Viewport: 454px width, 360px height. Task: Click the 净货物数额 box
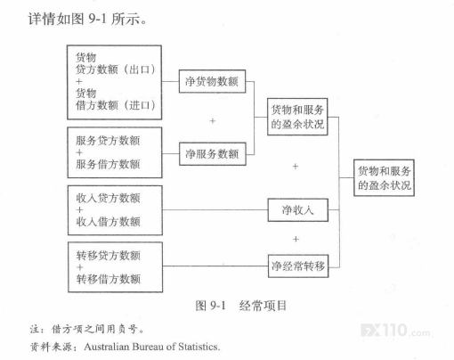tap(212, 81)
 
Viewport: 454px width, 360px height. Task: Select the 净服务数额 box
tap(213, 154)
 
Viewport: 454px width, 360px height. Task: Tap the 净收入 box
tap(298, 210)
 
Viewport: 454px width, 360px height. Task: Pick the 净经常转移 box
tap(298, 266)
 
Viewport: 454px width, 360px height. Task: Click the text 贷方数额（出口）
tap(116, 70)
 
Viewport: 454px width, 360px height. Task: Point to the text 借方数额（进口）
tap(116, 105)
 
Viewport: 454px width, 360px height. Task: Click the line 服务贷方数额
tap(108, 141)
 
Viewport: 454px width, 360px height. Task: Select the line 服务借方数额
tap(108, 164)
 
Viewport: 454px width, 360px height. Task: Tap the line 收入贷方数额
tap(108, 198)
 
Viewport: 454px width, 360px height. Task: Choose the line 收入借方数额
tap(108, 222)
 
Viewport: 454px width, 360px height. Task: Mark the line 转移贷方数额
tap(109, 256)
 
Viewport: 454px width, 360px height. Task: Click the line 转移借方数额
tap(109, 279)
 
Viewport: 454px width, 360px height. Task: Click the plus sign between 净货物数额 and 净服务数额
tap(213, 121)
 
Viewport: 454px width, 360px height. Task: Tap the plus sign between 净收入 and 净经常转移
tap(296, 239)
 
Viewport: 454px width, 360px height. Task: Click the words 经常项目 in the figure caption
tap(263, 306)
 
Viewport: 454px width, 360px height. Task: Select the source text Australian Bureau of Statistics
tap(152, 347)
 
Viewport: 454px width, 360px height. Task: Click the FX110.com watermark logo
tap(396, 331)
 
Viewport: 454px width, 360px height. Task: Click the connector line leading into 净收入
tap(215, 210)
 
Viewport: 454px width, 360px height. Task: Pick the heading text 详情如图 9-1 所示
tap(87, 19)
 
